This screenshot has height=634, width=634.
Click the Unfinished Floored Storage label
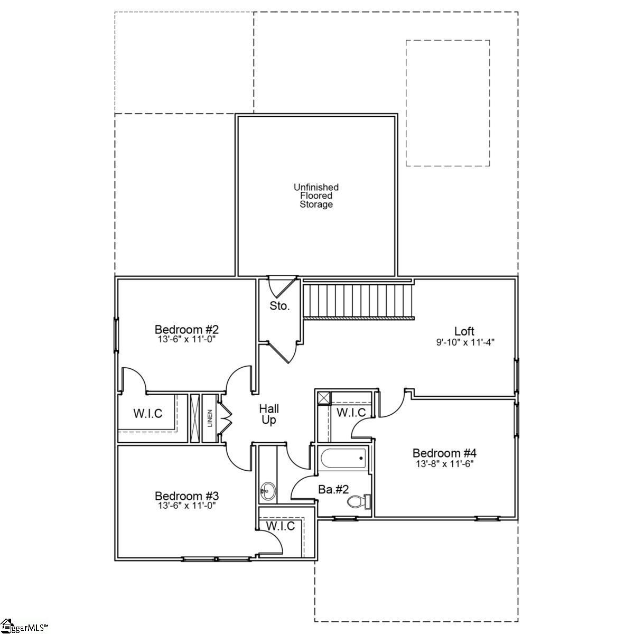(316, 195)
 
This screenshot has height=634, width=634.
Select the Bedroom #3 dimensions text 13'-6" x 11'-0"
(187, 505)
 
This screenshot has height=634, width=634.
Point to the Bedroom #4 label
(444, 453)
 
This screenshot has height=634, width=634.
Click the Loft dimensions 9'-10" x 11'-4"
(465, 342)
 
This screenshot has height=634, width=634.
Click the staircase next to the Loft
(359, 301)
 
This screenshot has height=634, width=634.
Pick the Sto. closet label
(279, 306)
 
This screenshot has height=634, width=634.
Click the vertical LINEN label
(210, 418)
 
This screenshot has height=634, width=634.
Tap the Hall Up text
(269, 414)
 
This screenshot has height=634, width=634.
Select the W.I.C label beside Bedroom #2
(147, 413)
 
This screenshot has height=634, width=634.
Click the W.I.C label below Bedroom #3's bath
(280, 526)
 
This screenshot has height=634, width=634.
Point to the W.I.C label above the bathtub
(351, 412)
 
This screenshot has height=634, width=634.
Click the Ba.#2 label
(333, 489)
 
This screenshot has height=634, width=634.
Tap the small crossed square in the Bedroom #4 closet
(323, 397)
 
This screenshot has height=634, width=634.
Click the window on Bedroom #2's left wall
(116, 334)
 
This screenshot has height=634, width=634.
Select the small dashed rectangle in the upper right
(447, 103)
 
